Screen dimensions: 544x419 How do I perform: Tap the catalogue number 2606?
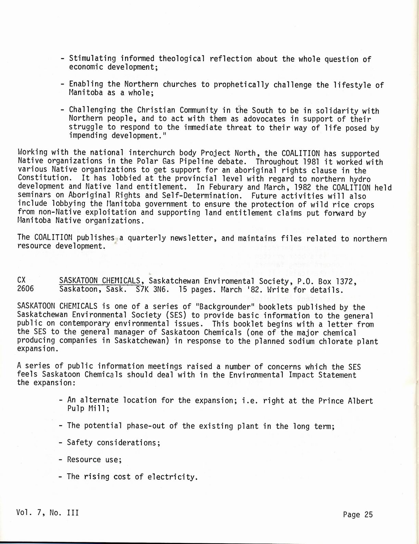(26, 289)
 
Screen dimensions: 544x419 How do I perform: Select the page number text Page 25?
(358, 515)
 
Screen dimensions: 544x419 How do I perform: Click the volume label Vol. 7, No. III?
(47, 513)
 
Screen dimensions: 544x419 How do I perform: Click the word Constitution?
(43, 178)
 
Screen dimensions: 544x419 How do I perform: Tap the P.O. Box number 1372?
(346, 281)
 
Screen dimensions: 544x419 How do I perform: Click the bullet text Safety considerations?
(113, 442)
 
